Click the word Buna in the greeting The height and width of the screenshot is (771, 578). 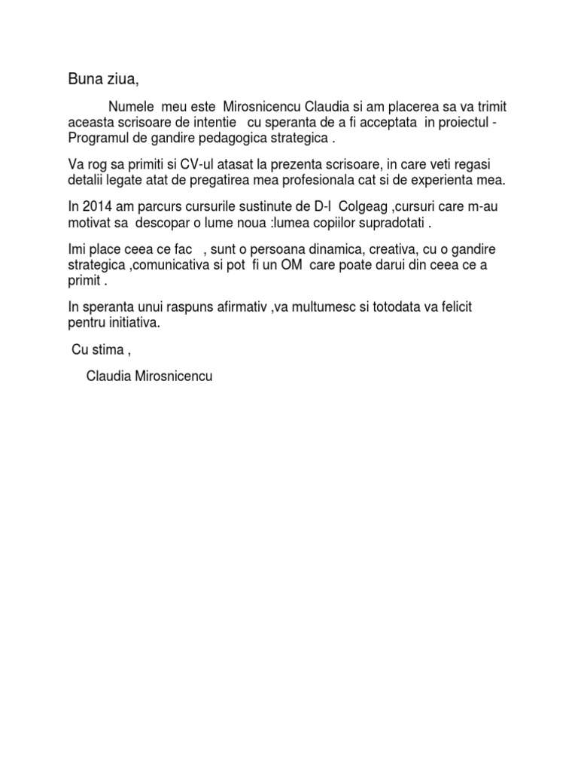click(85, 78)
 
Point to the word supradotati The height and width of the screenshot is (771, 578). click(385, 223)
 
